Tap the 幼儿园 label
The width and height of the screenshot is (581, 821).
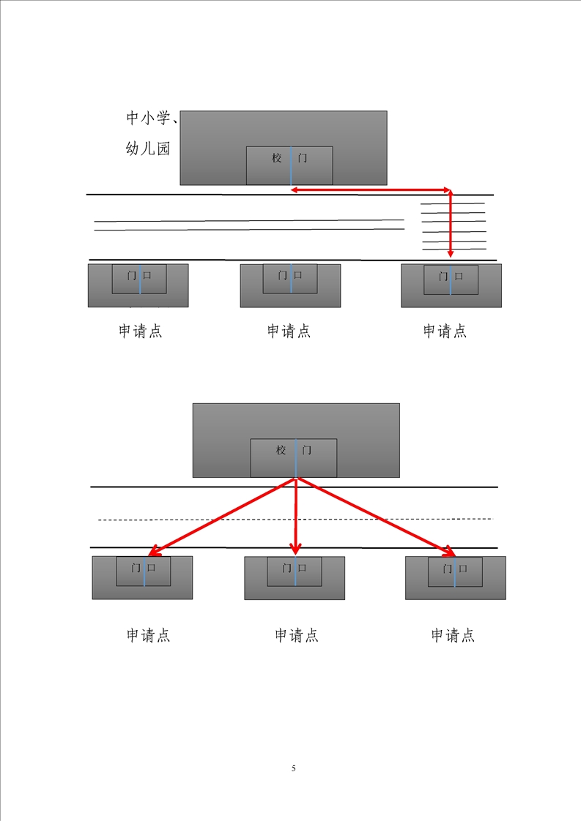pos(148,149)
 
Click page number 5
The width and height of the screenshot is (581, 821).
pos(294,768)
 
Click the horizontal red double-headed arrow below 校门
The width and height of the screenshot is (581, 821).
pos(370,190)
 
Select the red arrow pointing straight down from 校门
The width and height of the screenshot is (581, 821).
pos(295,516)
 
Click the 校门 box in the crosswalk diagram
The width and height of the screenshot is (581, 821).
pos(289,165)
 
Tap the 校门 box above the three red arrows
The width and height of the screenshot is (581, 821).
pos(294,458)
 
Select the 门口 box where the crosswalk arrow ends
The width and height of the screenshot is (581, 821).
pos(451,280)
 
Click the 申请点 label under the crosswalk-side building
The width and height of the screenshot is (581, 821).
pos(445,331)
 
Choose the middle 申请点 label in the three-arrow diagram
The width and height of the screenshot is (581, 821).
pos(297,635)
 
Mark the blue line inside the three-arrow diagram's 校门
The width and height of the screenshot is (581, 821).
pos(295,458)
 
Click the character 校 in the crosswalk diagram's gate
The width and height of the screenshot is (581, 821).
pos(277,158)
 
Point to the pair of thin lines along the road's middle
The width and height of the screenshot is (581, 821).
pos(249,225)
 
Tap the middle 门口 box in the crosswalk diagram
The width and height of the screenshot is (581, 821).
pos(290,279)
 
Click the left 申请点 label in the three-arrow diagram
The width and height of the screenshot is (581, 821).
pos(149,635)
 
